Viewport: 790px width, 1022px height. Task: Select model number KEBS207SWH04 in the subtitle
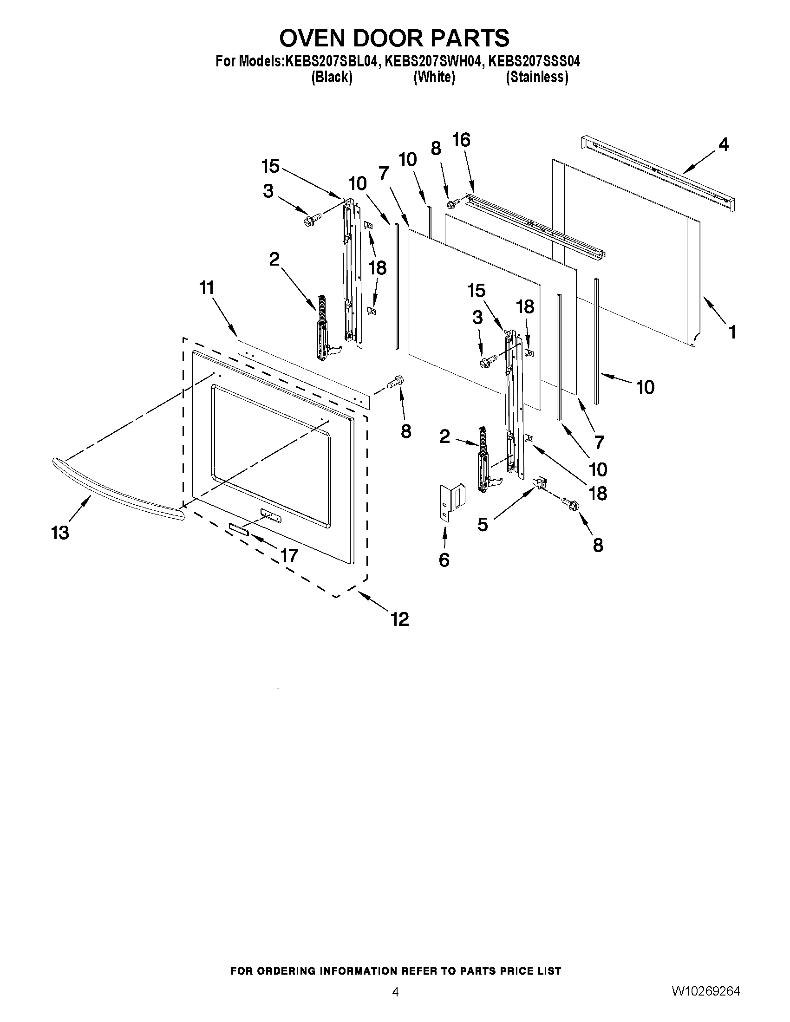(x=433, y=61)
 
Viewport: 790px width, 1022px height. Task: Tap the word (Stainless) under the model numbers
(x=537, y=77)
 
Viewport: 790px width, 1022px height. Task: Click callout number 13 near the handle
(x=60, y=533)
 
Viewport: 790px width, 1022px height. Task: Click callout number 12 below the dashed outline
(x=400, y=619)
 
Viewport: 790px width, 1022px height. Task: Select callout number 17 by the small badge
(x=289, y=555)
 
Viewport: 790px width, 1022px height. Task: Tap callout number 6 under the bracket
(x=444, y=560)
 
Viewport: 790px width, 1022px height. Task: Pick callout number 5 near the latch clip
(x=483, y=525)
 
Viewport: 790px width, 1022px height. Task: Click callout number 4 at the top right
(x=723, y=145)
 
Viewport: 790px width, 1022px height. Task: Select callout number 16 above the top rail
(x=461, y=140)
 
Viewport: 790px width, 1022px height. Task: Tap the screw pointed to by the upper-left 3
(x=313, y=219)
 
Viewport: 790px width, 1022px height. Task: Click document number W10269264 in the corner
(x=706, y=991)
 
